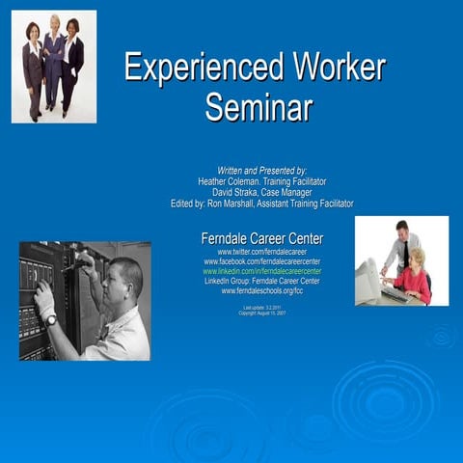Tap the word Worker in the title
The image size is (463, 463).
coord(333,68)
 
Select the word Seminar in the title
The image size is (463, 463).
coord(258,106)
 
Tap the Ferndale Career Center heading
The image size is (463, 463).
coord(261,238)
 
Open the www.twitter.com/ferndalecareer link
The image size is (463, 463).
coord(261,252)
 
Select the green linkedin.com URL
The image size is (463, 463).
coord(261,271)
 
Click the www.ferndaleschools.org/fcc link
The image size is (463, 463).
coord(261,290)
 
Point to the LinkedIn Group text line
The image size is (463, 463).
coord(261,281)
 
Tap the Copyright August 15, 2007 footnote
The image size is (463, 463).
coord(261,313)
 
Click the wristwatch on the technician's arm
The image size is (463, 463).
coord(50,319)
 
